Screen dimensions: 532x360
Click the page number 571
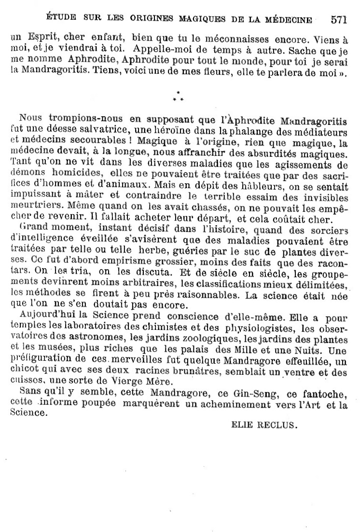[x=340, y=20]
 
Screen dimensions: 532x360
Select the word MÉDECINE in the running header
[x=288, y=20]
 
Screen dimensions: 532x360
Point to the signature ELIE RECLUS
[x=264, y=425]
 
